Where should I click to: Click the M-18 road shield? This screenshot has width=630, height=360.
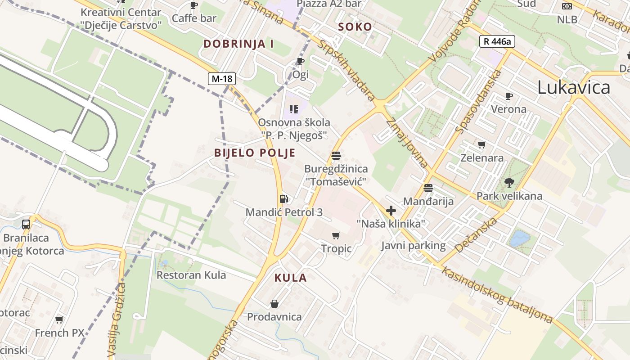coord(222,79)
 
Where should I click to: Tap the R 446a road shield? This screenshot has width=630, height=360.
coord(497,42)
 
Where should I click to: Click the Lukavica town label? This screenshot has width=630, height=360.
coord(574,87)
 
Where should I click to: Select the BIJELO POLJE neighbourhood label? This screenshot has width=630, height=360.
coord(255,153)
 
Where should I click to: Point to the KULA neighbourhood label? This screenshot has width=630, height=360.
coord(291,278)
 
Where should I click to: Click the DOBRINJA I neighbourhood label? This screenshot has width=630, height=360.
coord(238,44)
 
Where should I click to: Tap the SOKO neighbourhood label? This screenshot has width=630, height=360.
coord(355,27)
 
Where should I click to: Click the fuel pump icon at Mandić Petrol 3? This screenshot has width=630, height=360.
coord(284,198)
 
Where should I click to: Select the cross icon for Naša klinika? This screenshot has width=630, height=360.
coord(391,210)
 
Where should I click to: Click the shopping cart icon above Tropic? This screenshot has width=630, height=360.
coord(336,235)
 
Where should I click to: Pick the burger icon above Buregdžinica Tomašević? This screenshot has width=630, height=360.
coord(336,156)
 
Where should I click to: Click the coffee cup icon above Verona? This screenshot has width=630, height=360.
coord(509,96)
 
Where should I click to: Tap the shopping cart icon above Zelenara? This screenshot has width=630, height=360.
coord(482,144)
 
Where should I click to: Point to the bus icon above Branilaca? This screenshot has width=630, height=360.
coord(26,224)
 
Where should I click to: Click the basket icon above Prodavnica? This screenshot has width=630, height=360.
coord(274,304)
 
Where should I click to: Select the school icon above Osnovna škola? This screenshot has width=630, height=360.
coord(294,109)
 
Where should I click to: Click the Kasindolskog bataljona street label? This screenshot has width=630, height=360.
coord(497,295)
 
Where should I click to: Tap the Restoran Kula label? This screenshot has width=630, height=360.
coord(191,275)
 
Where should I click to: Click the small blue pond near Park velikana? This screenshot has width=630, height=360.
coord(519,238)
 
